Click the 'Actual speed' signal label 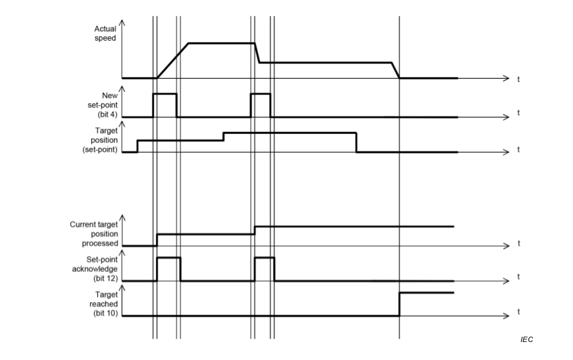[x=105, y=33]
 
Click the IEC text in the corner [x=526, y=340]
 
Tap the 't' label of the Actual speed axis [x=518, y=79]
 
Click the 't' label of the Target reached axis [x=518, y=312]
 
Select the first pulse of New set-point [x=165, y=94]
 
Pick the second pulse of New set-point [x=261, y=94]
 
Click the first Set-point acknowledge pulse [x=169, y=257]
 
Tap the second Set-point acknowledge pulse [x=265, y=257]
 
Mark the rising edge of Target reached [x=399, y=303]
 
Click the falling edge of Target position [x=356, y=143]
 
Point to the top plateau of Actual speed [x=222, y=43]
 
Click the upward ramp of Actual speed [x=173, y=61]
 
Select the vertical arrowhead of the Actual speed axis [x=123, y=23]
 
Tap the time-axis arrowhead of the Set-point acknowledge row [x=506, y=281]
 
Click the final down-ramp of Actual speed [x=395, y=70]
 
